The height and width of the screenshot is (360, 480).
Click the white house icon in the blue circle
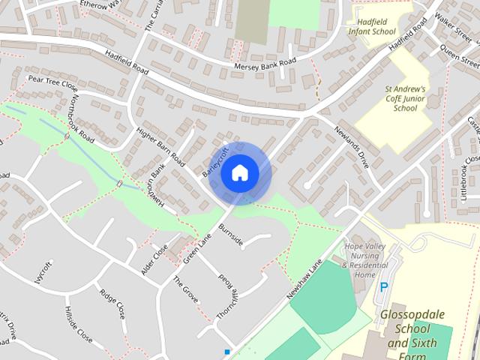239,172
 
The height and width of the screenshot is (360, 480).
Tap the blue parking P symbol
385,286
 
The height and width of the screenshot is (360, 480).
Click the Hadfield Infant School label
372,27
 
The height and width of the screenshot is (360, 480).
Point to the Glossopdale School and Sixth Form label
415,330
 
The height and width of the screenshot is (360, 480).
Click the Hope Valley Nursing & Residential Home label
364,260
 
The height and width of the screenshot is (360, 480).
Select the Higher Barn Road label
160,145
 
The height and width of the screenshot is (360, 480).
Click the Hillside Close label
78,322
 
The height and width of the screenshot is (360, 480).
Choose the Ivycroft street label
44,272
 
